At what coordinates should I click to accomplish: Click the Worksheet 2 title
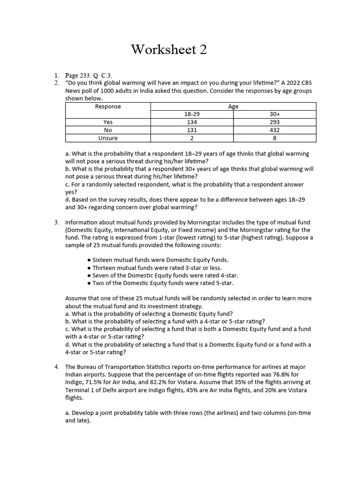pos(169,49)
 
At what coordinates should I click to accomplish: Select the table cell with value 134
pos(191,122)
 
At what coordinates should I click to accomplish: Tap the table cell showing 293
pos(275,122)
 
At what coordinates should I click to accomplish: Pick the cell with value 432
pos(275,130)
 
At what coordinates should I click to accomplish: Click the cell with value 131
pos(191,130)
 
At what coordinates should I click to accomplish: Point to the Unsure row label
pos(108,138)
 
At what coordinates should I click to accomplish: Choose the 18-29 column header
pos(191,114)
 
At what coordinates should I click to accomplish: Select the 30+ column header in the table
pos(275,114)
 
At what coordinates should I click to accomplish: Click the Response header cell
pos(108,106)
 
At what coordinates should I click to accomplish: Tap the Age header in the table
pos(233,106)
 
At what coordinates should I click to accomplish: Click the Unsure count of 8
pos(275,138)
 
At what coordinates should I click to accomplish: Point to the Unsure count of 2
pos(191,138)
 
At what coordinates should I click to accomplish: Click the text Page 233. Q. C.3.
pos(89,75)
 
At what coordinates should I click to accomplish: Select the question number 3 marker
pos(56,222)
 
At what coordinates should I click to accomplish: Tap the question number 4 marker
pos(56,367)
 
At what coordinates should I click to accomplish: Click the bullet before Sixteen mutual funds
pos(89,260)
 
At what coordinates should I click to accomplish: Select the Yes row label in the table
pos(108,122)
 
